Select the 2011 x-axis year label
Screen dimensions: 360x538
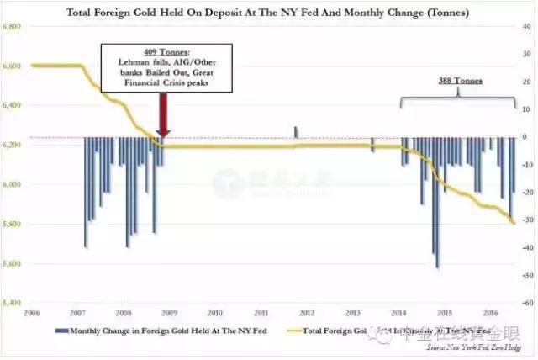click(x=261, y=312)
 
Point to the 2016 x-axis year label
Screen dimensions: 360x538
click(x=492, y=312)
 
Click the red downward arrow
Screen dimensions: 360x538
click(x=164, y=114)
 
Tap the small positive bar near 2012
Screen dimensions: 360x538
click(x=296, y=132)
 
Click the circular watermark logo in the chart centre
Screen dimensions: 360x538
click(x=223, y=181)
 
